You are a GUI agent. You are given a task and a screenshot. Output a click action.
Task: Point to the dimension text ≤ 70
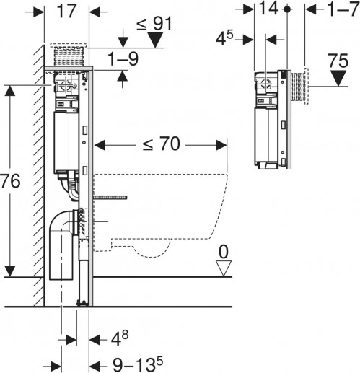tap(161, 145)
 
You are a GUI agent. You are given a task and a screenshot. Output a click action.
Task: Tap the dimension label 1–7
tap(341, 11)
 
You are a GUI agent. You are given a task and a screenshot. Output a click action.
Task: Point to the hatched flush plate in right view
tap(299, 86)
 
